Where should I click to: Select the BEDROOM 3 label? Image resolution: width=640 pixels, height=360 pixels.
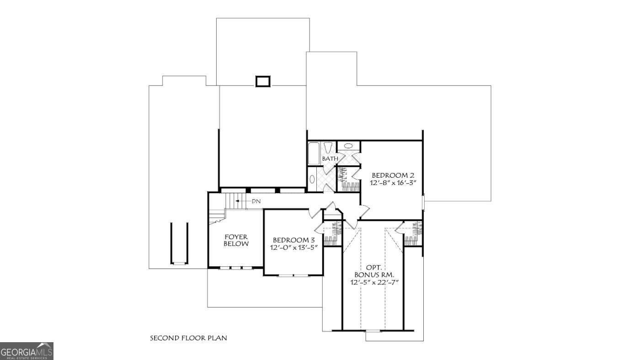(293, 240)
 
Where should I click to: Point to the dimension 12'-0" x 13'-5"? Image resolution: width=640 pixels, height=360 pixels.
(293, 248)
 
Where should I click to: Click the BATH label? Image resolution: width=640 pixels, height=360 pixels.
(330, 159)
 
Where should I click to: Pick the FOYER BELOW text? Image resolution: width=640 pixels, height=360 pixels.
(236, 240)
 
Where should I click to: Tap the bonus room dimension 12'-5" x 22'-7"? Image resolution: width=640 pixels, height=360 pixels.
(375, 282)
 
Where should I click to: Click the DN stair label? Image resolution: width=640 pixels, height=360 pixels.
(256, 201)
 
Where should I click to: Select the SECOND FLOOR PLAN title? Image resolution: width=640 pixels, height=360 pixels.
(188, 338)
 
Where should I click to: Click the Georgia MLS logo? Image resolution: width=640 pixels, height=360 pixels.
(27, 351)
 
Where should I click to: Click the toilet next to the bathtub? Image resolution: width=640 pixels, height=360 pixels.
(328, 148)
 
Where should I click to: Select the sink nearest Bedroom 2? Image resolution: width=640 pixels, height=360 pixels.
(348, 146)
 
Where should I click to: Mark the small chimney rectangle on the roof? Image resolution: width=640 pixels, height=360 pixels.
(263, 81)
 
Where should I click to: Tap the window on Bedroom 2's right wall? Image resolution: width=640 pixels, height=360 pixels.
(423, 203)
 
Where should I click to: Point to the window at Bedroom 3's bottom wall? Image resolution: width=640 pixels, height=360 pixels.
(293, 275)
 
